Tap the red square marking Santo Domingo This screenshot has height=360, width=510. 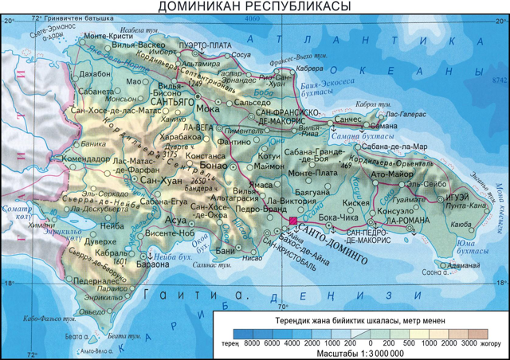pyautogui.click(x=292, y=221)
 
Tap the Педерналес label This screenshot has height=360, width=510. pyautogui.click(x=97, y=282)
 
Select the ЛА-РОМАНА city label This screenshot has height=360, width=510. pyautogui.click(x=399, y=219)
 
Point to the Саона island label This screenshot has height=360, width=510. pyautogui.click(x=433, y=272)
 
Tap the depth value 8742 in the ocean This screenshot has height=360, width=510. pyautogui.click(x=499, y=80)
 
